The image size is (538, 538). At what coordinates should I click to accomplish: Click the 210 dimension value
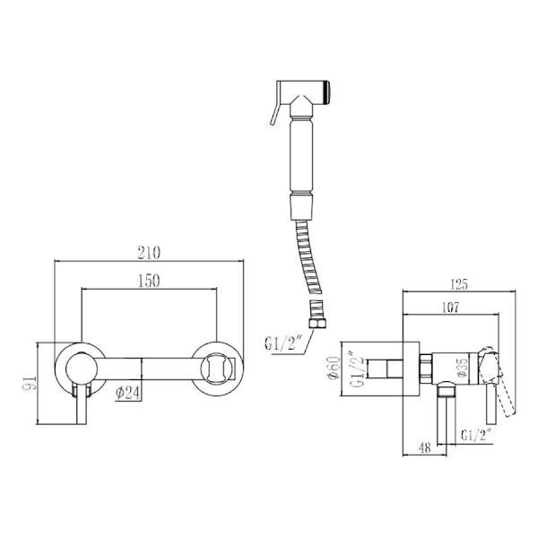pos(149,253)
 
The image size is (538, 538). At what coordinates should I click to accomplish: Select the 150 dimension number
pos(149,281)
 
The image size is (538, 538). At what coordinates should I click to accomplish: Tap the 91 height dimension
pos(30,383)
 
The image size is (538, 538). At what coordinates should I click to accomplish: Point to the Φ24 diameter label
pos(127,393)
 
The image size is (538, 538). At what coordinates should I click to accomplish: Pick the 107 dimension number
pos(450,308)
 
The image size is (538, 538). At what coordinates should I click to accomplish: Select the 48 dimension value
pos(425,447)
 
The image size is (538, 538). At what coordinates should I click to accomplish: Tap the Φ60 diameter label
pos(334,369)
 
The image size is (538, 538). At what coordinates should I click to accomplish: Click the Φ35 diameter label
pos(463,368)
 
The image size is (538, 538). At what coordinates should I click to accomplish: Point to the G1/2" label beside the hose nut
pos(282,343)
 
